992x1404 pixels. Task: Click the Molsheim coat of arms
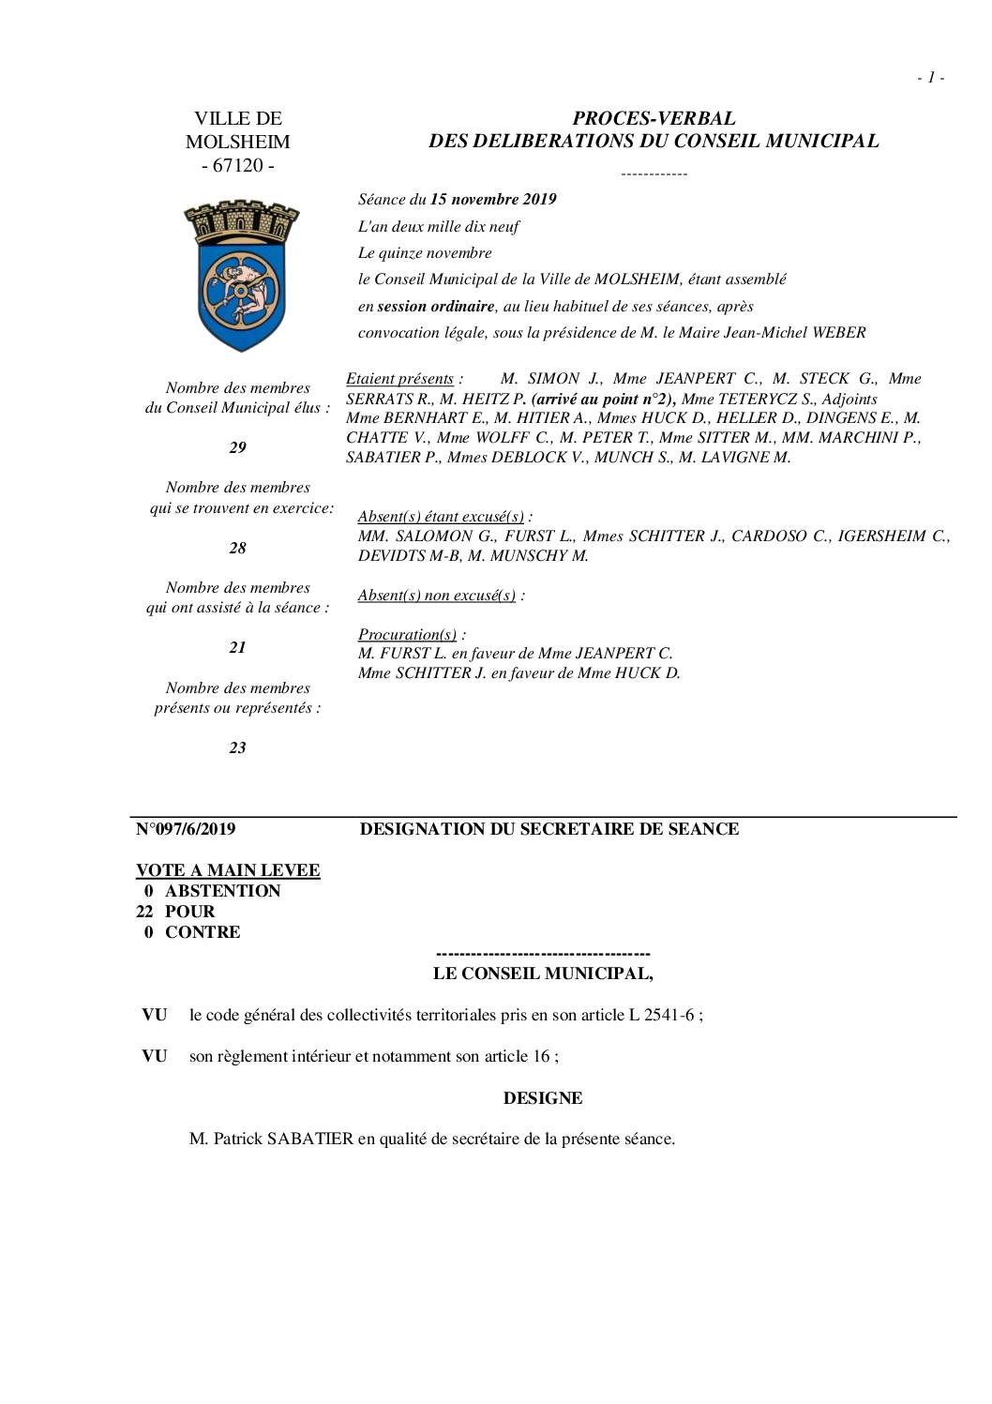240,275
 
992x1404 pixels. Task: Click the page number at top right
930,78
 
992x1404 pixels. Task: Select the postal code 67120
238,166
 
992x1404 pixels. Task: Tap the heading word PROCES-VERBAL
654,118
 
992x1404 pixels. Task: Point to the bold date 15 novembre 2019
493,200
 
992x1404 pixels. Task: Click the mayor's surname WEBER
840,332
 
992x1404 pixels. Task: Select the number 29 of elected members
237,447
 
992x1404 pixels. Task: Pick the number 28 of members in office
237,548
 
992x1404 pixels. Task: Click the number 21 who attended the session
237,647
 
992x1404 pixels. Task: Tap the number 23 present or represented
237,747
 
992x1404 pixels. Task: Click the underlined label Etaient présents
400,379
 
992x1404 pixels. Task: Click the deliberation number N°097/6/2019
186,829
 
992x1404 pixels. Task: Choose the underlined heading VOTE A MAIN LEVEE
228,870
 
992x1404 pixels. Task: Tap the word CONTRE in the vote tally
203,932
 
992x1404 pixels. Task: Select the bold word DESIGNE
543,1098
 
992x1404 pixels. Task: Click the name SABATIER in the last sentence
310,1140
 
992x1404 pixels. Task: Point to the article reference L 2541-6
661,1015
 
